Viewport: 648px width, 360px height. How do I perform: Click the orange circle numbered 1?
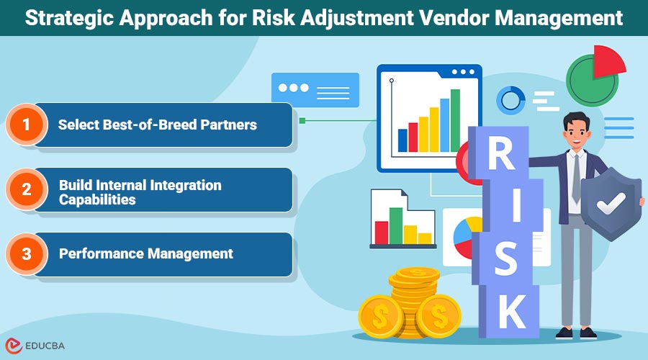point(27,125)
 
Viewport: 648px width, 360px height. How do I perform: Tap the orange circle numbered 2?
point(27,189)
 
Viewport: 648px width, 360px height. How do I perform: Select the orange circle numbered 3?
point(27,253)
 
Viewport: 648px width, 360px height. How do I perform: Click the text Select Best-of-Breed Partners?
point(157,125)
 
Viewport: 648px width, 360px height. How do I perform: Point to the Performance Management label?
point(145,253)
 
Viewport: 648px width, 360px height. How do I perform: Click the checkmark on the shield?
point(611,204)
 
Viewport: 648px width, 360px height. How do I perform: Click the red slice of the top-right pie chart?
point(608,62)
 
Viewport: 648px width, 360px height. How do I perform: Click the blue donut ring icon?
point(510,99)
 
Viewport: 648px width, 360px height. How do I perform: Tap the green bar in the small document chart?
point(395,225)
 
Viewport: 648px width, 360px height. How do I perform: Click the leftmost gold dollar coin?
point(380,315)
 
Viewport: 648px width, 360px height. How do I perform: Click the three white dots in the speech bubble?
point(293,87)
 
